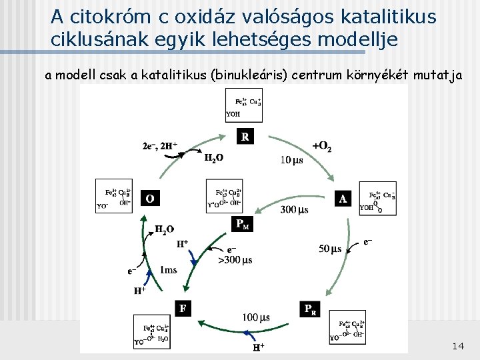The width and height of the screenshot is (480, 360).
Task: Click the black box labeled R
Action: click(245, 137)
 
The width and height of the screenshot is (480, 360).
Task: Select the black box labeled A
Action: click(343, 199)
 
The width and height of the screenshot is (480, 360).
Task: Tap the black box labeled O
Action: click(150, 198)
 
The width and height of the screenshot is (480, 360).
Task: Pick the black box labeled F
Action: click(182, 308)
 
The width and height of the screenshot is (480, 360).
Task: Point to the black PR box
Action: click(311, 309)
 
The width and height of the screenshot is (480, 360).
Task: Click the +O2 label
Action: click(321, 147)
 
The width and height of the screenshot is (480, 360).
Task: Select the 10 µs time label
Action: click(291, 161)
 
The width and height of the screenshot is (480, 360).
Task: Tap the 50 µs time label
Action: click(329, 249)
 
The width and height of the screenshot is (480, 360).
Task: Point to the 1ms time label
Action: click(168, 270)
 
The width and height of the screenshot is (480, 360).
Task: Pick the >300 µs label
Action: click(235, 260)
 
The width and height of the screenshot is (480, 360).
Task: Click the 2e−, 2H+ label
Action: click(161, 145)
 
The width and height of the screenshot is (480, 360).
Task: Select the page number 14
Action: click(457, 346)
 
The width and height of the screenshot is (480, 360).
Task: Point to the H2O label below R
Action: click(213, 158)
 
